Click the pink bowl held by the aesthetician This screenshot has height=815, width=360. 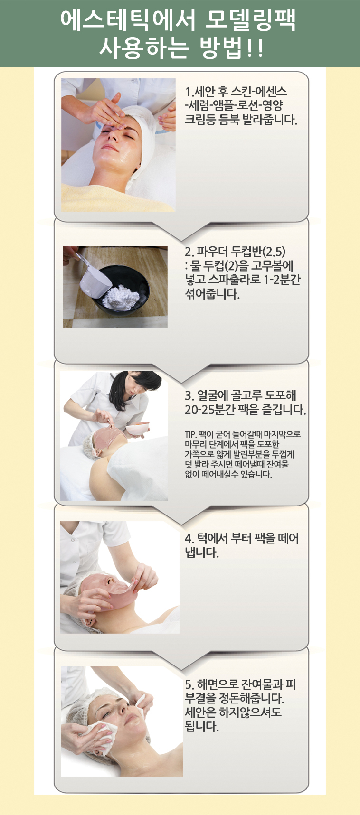click(137, 429)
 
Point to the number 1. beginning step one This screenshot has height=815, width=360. click(189, 92)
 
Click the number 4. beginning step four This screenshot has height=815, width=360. click(189, 539)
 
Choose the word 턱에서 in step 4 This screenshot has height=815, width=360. click(212, 539)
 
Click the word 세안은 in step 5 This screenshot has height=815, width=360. click(200, 712)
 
